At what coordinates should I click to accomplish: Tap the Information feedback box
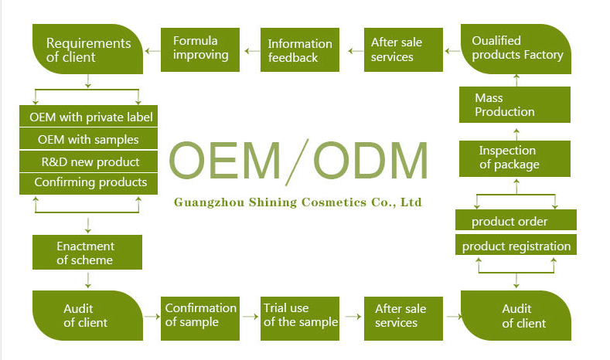(x=299, y=50)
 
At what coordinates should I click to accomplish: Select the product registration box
(x=515, y=246)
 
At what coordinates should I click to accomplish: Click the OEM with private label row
(x=87, y=117)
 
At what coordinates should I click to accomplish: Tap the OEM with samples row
(x=87, y=140)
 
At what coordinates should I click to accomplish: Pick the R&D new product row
(x=87, y=162)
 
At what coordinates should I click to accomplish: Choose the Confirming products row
(x=87, y=183)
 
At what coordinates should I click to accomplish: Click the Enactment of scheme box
(x=87, y=253)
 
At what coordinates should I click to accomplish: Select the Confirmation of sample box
(x=199, y=315)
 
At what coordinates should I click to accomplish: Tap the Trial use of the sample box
(x=299, y=315)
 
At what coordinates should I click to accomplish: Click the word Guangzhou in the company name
(x=206, y=202)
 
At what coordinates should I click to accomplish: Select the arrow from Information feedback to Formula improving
(x=249, y=51)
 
